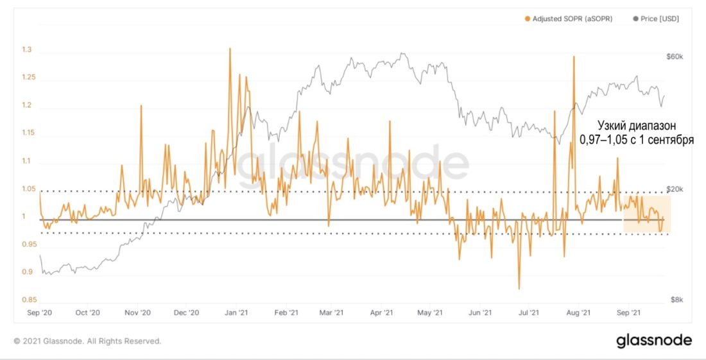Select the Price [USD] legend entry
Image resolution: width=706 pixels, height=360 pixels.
pos(659,19)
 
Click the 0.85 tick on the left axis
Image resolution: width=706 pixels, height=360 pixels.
pos(28,300)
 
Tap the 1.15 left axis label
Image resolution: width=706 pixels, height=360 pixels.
pos(28,133)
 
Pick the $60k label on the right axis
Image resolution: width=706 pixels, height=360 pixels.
pos(676,57)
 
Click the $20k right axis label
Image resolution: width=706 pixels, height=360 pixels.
pos(676,189)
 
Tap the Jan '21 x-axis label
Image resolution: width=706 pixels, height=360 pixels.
pos(236,313)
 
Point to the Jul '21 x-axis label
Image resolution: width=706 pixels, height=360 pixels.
pos(528,313)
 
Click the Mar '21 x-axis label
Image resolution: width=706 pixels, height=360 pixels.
pos(331,313)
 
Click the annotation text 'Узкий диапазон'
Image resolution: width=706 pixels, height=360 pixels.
pos(636,125)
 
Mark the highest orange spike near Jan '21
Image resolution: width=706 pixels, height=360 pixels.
pos(230,48)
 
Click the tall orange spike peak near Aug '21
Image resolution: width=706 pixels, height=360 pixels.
pos(573,56)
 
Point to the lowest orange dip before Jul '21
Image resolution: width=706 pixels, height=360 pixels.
pos(519,289)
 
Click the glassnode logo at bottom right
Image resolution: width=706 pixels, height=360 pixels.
pos(654,340)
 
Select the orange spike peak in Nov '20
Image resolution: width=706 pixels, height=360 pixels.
pos(141,105)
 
